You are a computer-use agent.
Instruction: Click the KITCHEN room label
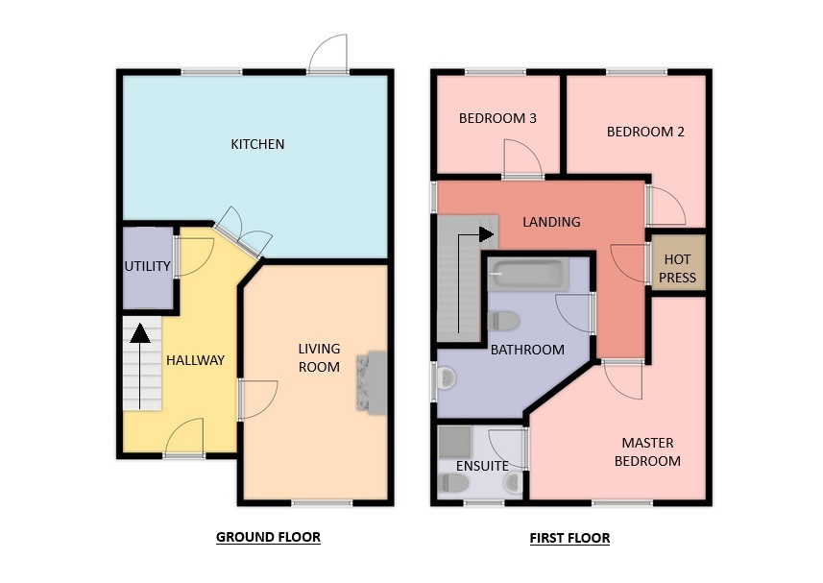coord(257,144)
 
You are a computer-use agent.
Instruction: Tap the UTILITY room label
coord(148,266)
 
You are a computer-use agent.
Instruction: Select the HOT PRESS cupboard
coord(678,262)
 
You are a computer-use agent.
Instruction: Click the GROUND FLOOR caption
coord(268,537)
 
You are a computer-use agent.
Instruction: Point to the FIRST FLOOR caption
coord(569,538)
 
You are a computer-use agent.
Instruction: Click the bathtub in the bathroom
coord(527,275)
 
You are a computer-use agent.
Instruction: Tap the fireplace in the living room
coord(372,382)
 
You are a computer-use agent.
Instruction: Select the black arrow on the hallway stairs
coord(139,366)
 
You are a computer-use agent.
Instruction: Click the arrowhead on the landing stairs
coord(486,234)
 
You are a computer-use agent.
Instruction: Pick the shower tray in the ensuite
coord(454,441)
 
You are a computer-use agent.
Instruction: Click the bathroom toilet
coord(503,321)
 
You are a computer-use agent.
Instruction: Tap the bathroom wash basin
coord(446,378)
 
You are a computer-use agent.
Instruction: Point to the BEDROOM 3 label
coord(497,118)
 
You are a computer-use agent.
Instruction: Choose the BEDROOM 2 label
coord(645,132)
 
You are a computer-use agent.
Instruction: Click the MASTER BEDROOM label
coord(647,451)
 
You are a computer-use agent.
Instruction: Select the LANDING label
coord(551,222)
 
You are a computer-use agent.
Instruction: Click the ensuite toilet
coord(453,483)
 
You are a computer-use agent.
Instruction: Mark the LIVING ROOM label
coord(319,358)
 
